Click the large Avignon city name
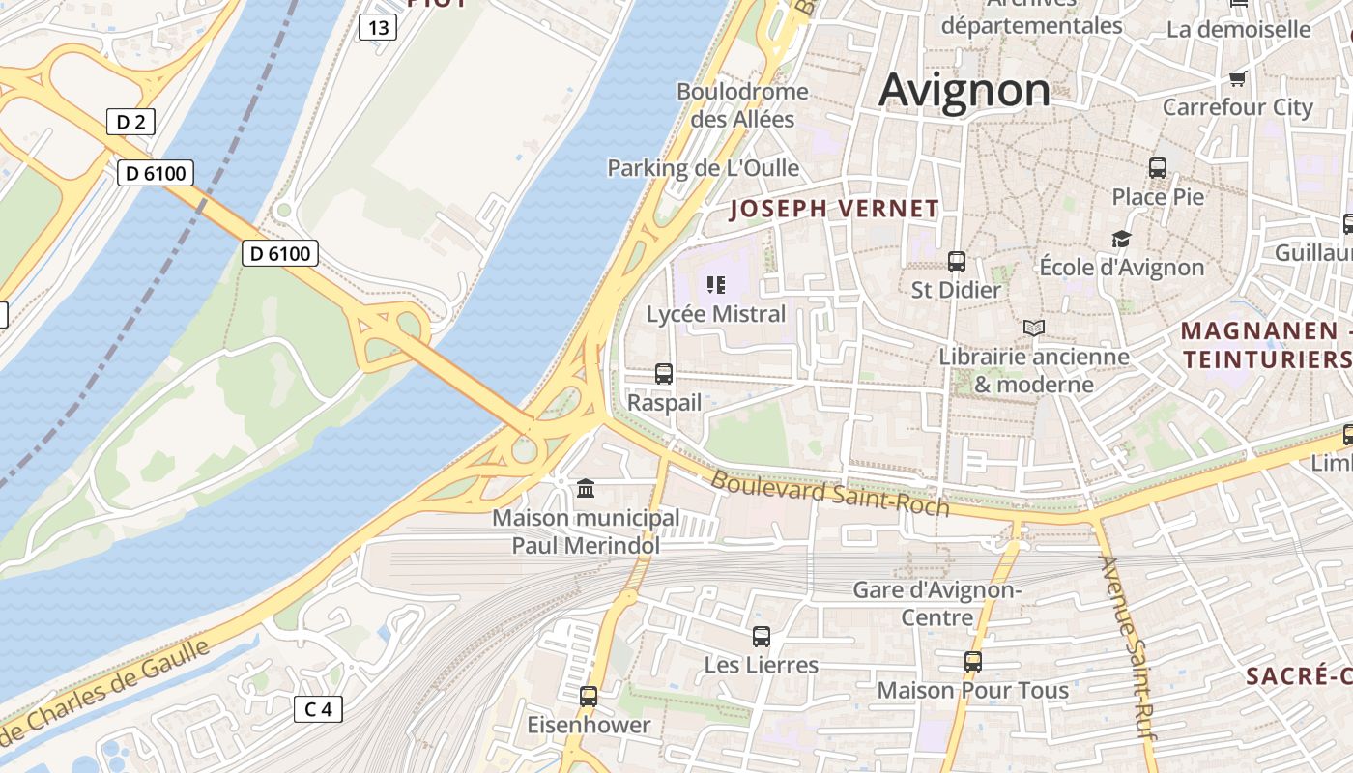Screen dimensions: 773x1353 [964, 91]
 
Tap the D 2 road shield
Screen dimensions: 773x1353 [130, 122]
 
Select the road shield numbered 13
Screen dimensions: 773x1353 [378, 28]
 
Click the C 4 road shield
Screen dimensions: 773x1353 [318, 710]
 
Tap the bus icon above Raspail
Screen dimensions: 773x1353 [664, 374]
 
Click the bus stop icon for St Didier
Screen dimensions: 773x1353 [957, 262]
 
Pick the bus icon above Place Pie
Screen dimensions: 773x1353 [1158, 168]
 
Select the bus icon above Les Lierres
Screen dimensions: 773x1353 [762, 637]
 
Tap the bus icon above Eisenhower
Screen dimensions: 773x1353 [589, 697]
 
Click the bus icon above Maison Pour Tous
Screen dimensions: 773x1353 [973, 662]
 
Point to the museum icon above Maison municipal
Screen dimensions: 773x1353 [586, 489]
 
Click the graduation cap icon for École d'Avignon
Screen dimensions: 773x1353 [1121, 239]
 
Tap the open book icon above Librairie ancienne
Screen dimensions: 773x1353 [1034, 329]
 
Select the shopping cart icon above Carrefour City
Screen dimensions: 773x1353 [1237, 79]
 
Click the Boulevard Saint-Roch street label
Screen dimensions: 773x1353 [830, 494]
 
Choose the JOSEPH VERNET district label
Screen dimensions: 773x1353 [834, 209]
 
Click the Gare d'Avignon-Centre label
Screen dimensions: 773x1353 [936, 603]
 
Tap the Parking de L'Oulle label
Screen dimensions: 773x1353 [703, 168]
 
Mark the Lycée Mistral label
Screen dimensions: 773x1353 [716, 314]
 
